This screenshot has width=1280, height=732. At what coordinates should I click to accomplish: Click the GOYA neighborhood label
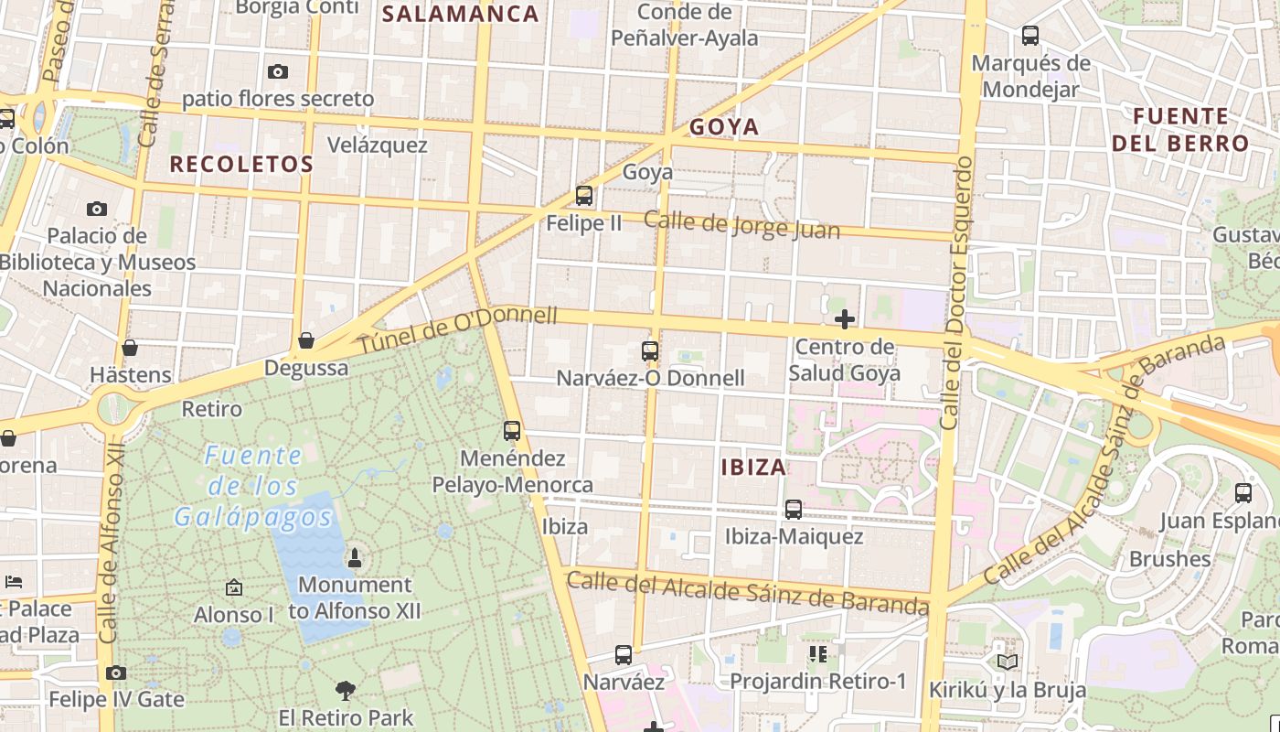(x=724, y=127)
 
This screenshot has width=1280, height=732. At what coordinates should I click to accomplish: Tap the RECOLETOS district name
(x=242, y=165)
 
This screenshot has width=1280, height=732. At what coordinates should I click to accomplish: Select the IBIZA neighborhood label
(x=753, y=468)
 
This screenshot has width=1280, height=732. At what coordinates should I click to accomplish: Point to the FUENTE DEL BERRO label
(x=1180, y=130)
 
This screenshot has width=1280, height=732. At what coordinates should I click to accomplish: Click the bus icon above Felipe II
(x=584, y=196)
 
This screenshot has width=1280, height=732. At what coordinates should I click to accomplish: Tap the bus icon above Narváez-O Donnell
(x=650, y=351)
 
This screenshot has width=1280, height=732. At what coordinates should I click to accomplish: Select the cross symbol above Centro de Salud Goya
(x=845, y=319)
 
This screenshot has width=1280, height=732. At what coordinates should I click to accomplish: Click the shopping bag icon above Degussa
(x=306, y=340)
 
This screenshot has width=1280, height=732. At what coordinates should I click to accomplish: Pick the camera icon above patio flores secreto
(x=278, y=71)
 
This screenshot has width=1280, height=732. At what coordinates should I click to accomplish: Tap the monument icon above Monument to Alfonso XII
(x=355, y=557)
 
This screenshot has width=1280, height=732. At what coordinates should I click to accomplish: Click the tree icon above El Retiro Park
(x=346, y=690)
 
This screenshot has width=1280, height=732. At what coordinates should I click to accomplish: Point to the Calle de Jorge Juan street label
(x=741, y=224)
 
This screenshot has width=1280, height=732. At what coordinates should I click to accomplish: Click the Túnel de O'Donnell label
(x=456, y=330)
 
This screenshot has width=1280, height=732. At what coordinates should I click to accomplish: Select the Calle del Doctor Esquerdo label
(x=956, y=293)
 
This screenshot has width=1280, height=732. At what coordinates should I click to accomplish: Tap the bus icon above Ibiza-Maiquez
(x=794, y=510)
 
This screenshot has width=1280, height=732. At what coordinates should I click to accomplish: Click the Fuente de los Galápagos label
(x=253, y=486)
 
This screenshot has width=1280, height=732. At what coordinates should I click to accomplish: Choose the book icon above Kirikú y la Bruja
(x=1008, y=662)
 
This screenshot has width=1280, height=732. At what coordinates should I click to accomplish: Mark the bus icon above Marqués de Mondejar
(x=1030, y=36)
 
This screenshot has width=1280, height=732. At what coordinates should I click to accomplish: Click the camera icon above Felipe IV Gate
(x=116, y=673)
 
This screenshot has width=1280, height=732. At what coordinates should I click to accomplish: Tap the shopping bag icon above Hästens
(x=130, y=348)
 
